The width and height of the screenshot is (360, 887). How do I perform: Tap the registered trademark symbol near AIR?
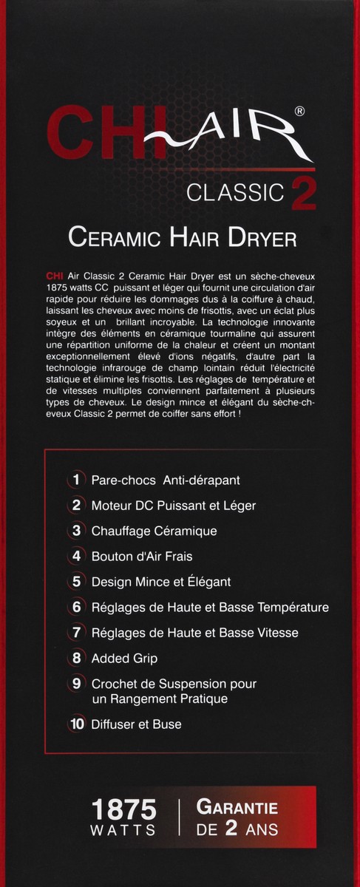tap(299, 112)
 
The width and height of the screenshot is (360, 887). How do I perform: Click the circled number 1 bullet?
tap(75, 480)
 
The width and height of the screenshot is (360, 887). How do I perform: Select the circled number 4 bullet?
tap(75, 556)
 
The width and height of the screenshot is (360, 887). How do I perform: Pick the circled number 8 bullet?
tap(75, 658)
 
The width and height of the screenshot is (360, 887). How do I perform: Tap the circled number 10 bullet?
tap(75, 725)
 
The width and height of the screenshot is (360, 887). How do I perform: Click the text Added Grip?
tap(124, 658)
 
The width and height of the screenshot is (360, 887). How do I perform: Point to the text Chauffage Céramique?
tap(154, 531)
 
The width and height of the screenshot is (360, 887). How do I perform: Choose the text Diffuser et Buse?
tap(136, 725)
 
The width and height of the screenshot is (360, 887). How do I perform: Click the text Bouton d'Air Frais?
tap(141, 556)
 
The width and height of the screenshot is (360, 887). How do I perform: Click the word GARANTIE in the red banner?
tap(237, 809)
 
